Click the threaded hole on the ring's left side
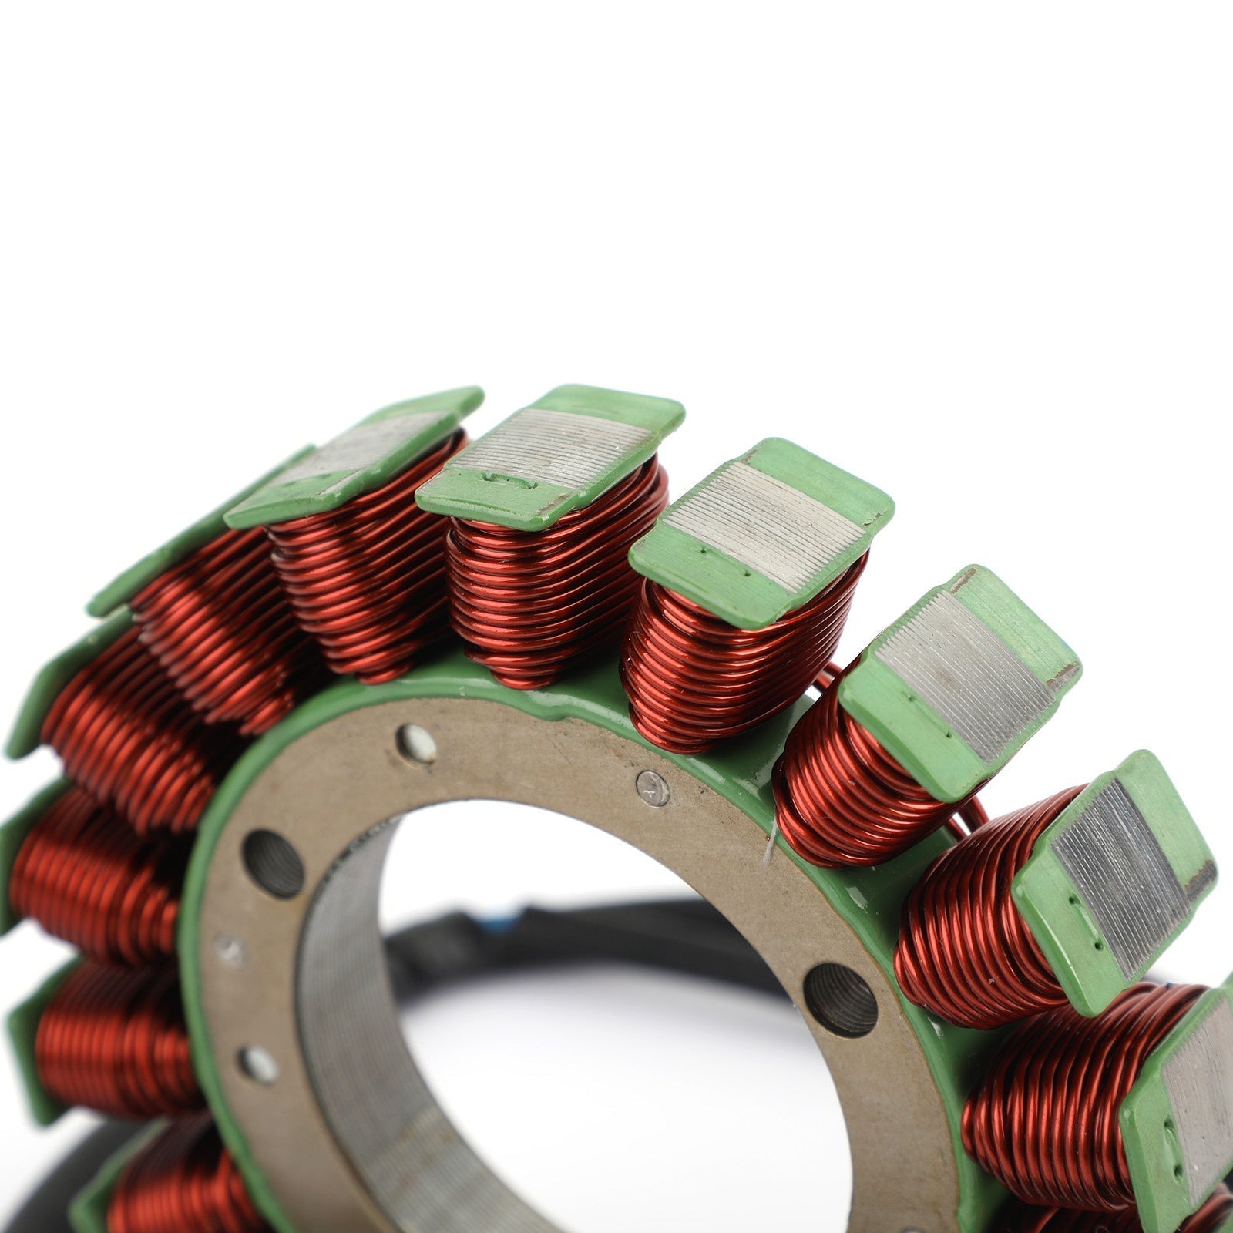(272, 863)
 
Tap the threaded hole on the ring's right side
(840, 999)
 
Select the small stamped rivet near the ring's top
(652, 788)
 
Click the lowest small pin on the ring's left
(257, 1064)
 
